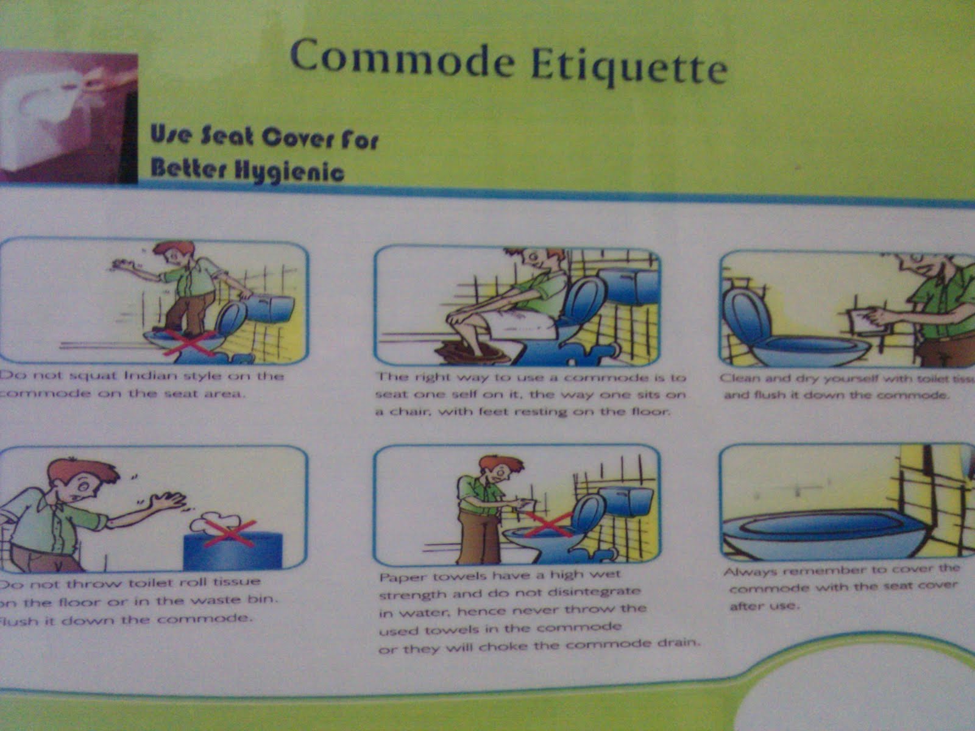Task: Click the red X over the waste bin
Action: click(228, 534)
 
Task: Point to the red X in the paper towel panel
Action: click(548, 525)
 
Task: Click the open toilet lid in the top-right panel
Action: click(745, 317)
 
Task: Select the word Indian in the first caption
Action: click(150, 375)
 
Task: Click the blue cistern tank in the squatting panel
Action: click(272, 308)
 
